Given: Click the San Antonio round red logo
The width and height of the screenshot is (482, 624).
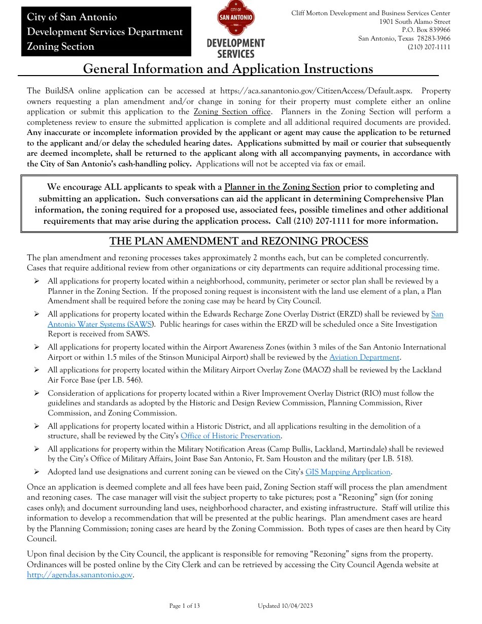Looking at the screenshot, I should tap(235, 20).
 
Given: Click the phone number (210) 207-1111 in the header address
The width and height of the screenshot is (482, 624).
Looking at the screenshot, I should tap(429, 47).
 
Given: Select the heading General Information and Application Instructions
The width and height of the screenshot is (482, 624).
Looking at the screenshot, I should tap(228, 69).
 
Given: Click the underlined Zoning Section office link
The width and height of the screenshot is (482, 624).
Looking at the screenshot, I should tap(232, 112).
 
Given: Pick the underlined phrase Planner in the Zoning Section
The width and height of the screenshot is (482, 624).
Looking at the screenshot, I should tap(282, 187).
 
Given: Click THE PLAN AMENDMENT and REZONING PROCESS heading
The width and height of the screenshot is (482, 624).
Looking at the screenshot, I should tap(238, 241).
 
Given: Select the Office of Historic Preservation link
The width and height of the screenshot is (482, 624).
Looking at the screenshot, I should tap(230, 436).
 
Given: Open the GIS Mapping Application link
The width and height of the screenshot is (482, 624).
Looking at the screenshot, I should tap(348, 472).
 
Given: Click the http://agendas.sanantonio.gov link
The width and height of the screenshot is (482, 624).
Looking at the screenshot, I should tap(80, 575).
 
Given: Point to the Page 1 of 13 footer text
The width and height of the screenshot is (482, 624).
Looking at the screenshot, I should tap(184, 606).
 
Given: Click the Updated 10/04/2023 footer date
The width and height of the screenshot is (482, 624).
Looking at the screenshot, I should tap(285, 606).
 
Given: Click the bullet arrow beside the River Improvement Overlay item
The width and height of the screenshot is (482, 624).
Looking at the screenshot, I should tap(37, 393).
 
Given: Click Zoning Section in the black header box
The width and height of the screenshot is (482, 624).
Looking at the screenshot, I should tap(60, 47).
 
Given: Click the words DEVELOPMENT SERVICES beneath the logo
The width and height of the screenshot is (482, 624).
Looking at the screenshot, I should tap(235, 48).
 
